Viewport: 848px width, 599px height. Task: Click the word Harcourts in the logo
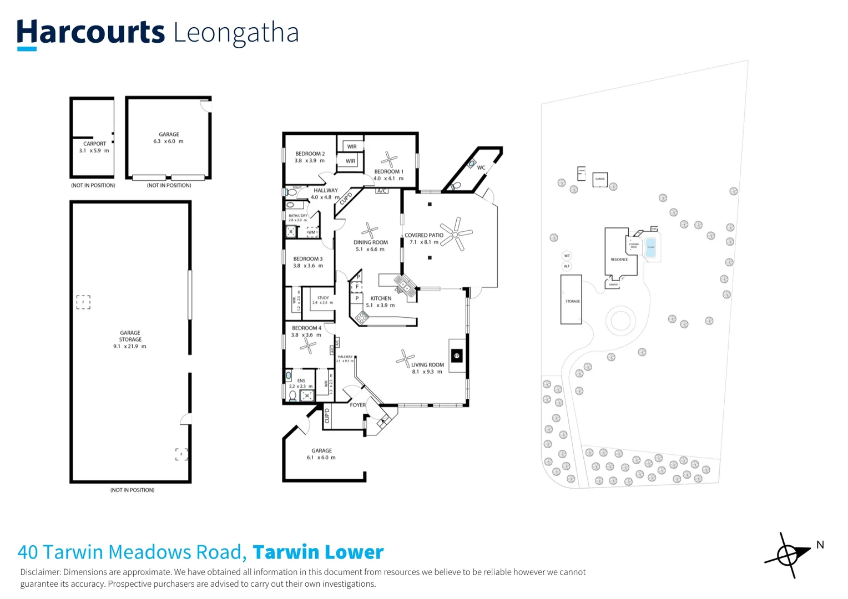pos(90,33)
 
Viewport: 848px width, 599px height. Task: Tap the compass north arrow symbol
pos(788,555)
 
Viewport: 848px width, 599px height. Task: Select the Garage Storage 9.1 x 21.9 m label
pos(130,339)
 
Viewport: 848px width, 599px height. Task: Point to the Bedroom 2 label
pos(310,157)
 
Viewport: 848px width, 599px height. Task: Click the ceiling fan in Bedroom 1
pos(388,160)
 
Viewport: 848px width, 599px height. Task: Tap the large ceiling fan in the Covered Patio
pos(456,233)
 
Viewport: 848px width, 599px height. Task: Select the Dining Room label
pos(370,246)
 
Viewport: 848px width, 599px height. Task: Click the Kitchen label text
pos(381,298)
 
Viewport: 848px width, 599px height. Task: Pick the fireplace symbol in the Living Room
pos(457,356)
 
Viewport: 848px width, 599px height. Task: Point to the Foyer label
pos(357,405)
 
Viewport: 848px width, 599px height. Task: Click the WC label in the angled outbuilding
pos(481,167)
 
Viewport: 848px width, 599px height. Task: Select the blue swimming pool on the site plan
pos(650,247)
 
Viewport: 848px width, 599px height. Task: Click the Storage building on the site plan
pos(571,300)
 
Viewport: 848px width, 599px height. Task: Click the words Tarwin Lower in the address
pos(318,552)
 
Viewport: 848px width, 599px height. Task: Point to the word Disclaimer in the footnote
pos(40,572)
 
